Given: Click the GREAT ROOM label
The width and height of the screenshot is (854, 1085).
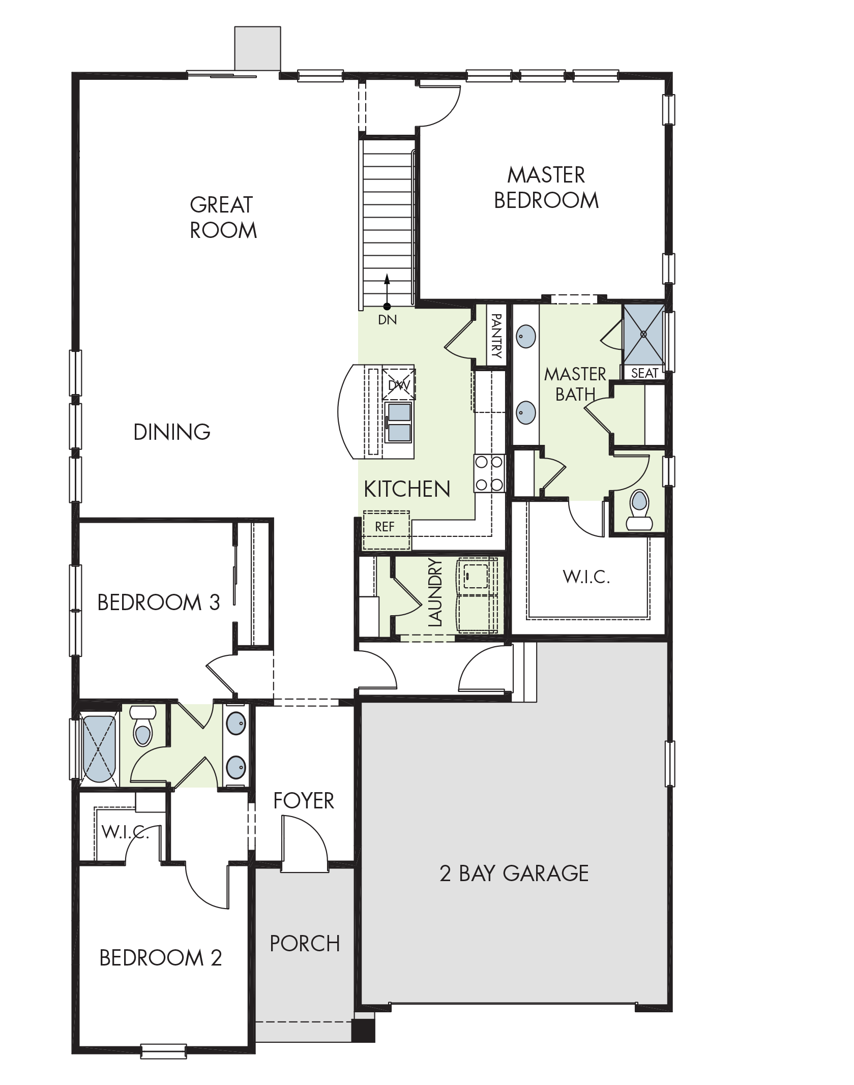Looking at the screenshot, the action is pyautogui.click(x=223, y=218).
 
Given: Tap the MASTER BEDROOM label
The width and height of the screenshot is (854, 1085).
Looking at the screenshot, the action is pyautogui.click(x=546, y=188).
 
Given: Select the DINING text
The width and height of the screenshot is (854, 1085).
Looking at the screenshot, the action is pyautogui.click(x=172, y=432).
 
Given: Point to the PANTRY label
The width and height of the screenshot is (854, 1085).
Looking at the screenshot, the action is pyautogui.click(x=496, y=336).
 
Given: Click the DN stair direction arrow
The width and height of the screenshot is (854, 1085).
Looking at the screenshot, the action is pyautogui.click(x=387, y=291).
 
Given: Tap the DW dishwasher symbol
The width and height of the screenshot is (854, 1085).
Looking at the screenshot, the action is pyautogui.click(x=399, y=385).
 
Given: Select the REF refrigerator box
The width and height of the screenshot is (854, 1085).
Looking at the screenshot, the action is pyautogui.click(x=386, y=530).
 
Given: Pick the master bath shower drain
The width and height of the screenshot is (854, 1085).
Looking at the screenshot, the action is pyautogui.click(x=643, y=334).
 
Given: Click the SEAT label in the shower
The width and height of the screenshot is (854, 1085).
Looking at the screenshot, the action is pyautogui.click(x=644, y=373).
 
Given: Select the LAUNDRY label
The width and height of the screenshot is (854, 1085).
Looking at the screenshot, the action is pyautogui.click(x=436, y=592).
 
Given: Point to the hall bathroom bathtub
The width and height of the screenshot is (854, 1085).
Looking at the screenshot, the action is pyautogui.click(x=99, y=749).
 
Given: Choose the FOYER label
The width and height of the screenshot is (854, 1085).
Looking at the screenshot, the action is pyautogui.click(x=304, y=801).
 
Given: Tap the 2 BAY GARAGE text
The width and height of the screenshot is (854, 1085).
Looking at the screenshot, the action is pyautogui.click(x=514, y=873).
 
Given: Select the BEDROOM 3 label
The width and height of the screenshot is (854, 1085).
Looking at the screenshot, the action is pyautogui.click(x=158, y=602).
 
